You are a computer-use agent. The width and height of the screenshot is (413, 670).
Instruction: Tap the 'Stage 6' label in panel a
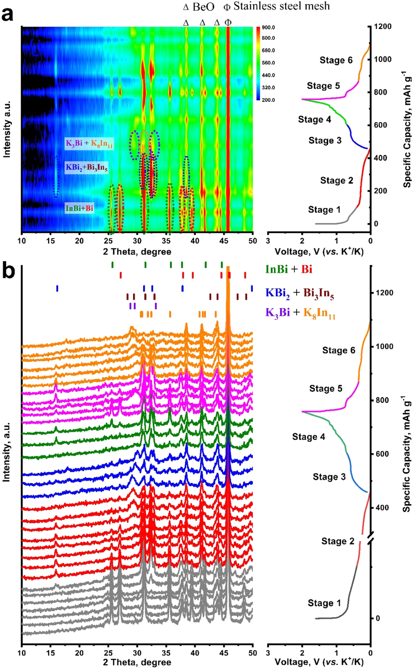tap(336, 60)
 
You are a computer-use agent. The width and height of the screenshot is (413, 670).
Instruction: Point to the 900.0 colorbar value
tap(268, 28)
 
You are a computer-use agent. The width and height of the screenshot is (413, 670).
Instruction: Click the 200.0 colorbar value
tap(268, 100)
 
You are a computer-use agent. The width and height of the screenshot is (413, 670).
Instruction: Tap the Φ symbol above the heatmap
tap(228, 23)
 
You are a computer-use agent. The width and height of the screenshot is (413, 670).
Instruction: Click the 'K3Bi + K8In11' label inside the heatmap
tap(89, 143)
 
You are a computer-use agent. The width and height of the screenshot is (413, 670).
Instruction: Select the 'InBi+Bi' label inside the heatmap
tap(79, 208)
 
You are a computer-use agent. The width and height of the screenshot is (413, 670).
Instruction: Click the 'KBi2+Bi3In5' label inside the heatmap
tap(86, 167)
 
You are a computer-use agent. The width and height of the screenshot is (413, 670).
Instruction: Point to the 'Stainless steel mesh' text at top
tap(281, 6)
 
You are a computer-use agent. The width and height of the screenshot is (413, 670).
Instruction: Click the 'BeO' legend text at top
tap(203, 7)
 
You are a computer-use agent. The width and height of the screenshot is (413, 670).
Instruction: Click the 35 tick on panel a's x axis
tap(166, 241)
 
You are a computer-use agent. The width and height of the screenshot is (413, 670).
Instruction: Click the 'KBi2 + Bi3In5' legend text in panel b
tap(299, 293)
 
